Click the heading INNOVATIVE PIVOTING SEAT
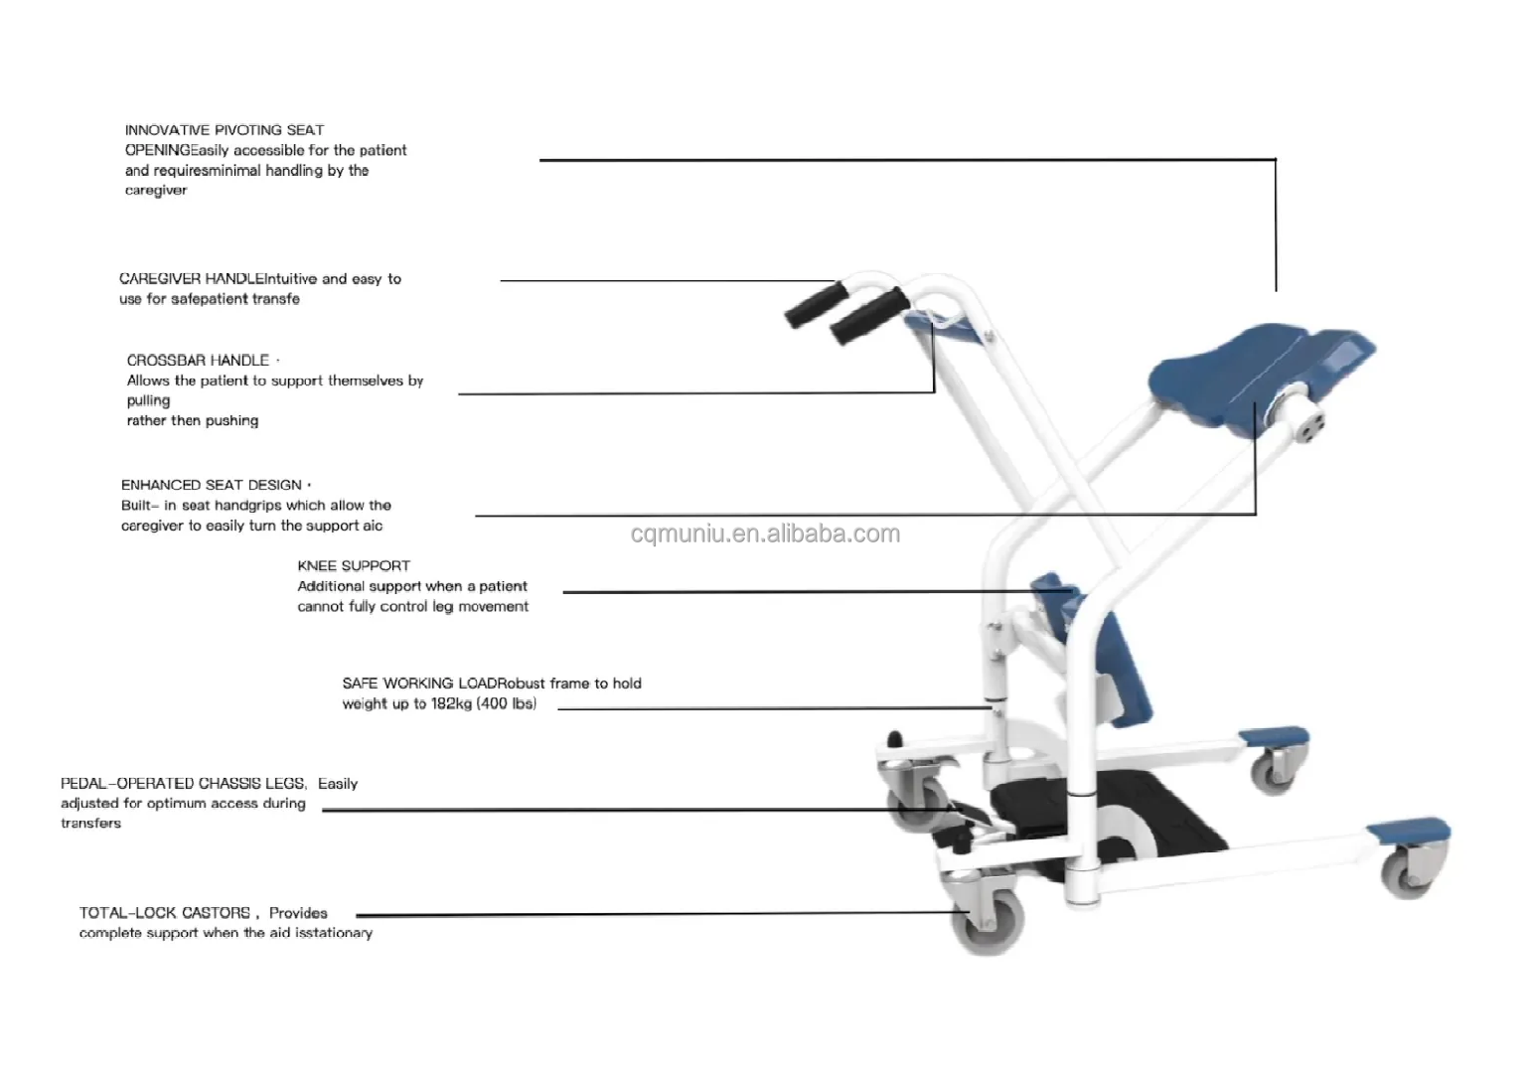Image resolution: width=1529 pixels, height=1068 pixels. click(224, 130)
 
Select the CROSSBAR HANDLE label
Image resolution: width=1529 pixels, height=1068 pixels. click(198, 361)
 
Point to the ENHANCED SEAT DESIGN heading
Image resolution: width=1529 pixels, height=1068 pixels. click(211, 485)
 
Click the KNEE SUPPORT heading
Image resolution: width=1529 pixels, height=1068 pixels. click(354, 566)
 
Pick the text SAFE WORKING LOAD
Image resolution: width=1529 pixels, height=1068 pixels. click(418, 684)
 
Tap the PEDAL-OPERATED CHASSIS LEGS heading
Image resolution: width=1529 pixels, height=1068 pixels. click(183, 784)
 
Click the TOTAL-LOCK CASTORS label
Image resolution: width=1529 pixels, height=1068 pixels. click(165, 913)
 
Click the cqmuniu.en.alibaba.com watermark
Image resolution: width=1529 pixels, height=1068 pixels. click(765, 534)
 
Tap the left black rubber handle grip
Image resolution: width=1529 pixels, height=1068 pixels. click(817, 304)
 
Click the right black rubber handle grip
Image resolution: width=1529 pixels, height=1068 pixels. click(869, 316)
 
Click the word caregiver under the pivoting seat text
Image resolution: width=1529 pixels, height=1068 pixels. click(155, 191)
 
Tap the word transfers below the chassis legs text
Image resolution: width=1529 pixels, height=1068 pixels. click(90, 824)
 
